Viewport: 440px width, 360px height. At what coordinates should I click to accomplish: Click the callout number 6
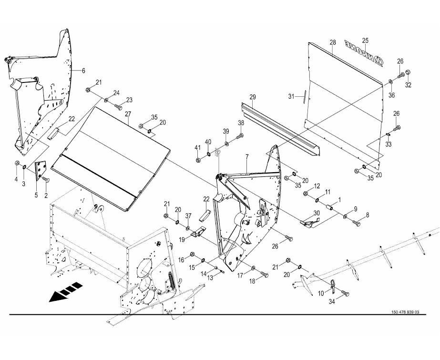pyautogui.click(x=83, y=71)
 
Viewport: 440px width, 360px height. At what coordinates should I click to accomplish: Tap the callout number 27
pyautogui.click(x=128, y=114)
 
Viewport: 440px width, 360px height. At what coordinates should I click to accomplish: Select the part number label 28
pyautogui.click(x=333, y=43)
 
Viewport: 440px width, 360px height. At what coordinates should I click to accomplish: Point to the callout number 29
pyautogui.click(x=253, y=97)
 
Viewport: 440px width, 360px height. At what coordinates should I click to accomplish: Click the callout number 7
pyautogui.click(x=247, y=156)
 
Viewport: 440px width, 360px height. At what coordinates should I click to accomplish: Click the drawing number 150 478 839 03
pyautogui.click(x=405, y=312)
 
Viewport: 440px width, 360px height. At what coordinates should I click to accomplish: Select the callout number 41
pyautogui.click(x=197, y=147)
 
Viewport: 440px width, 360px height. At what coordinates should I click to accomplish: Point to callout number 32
pyautogui.click(x=408, y=85)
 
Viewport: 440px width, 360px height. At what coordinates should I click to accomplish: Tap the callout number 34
pyautogui.click(x=332, y=301)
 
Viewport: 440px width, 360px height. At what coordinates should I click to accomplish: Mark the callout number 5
pyautogui.click(x=36, y=195)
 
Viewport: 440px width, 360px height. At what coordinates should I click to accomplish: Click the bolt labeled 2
pyautogui.click(x=46, y=180)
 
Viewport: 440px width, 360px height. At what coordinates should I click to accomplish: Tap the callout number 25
pyautogui.click(x=366, y=40)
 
